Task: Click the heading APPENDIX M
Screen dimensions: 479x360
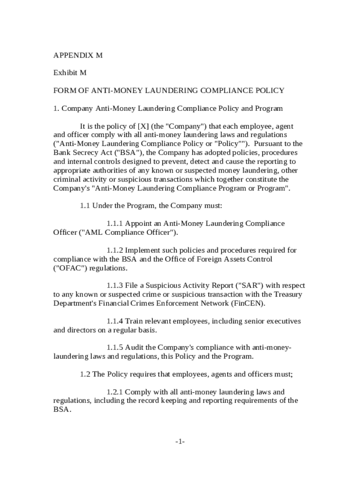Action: (78, 55)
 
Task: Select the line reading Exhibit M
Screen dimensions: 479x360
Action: (70, 73)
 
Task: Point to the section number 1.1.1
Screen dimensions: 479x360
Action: (115, 224)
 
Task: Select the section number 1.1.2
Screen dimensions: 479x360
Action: (115, 250)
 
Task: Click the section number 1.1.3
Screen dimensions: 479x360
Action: (115, 285)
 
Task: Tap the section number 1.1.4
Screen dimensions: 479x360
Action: (115, 321)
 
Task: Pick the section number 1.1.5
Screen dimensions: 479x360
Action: (115, 348)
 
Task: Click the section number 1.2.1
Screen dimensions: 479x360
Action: (115, 392)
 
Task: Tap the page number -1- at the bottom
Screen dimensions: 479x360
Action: (180, 442)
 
